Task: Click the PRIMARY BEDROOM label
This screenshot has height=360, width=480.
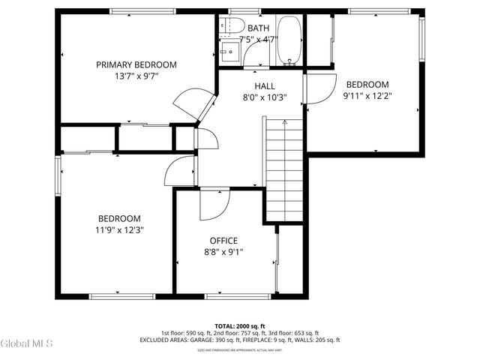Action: pos(136,64)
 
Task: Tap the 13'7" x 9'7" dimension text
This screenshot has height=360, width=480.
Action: pos(136,76)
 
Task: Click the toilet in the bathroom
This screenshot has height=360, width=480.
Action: pos(226,27)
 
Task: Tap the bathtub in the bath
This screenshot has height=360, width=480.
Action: pos(288,41)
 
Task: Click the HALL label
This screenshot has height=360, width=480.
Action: pos(264,86)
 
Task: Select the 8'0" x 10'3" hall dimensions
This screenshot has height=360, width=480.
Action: pos(264,97)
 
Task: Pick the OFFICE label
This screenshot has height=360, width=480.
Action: pos(223,241)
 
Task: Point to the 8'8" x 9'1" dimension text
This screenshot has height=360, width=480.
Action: pos(223,252)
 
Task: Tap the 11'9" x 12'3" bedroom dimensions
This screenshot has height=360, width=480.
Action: pos(119,229)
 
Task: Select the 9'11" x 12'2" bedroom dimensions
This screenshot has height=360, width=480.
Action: pos(367,95)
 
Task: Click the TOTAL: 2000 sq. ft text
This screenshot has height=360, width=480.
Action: pos(240,326)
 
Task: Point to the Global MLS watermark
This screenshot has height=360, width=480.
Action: pos(27,343)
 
